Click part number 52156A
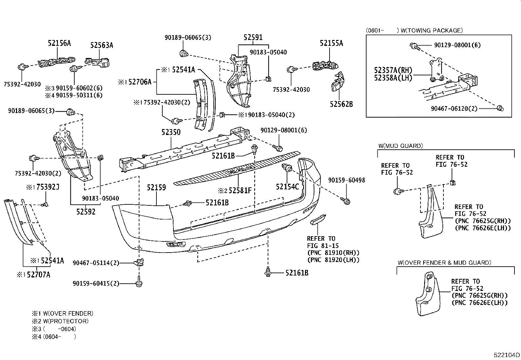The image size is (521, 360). pyautogui.click(x=59, y=43)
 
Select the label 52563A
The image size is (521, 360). pyautogui.click(x=101, y=46)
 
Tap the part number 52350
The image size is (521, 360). pyautogui.click(x=171, y=132)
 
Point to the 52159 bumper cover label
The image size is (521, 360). pyautogui.click(x=156, y=188)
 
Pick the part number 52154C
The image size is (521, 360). pyautogui.click(x=287, y=187)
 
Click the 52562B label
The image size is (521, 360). pyautogui.click(x=341, y=104)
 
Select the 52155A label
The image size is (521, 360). pyautogui.click(x=331, y=43)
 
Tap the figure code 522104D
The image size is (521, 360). pyautogui.click(x=507, y=355)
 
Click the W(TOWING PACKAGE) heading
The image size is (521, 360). pyautogui.click(x=431, y=30)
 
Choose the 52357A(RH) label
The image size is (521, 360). pyautogui.click(x=393, y=70)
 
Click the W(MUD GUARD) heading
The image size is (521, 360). pyautogui.click(x=400, y=146)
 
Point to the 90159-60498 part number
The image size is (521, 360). pyautogui.click(x=347, y=180)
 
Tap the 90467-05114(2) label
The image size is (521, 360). pyautogui.click(x=96, y=263)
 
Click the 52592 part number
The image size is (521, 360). pyautogui.click(x=86, y=212)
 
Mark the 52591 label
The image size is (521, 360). pyautogui.click(x=253, y=38)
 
